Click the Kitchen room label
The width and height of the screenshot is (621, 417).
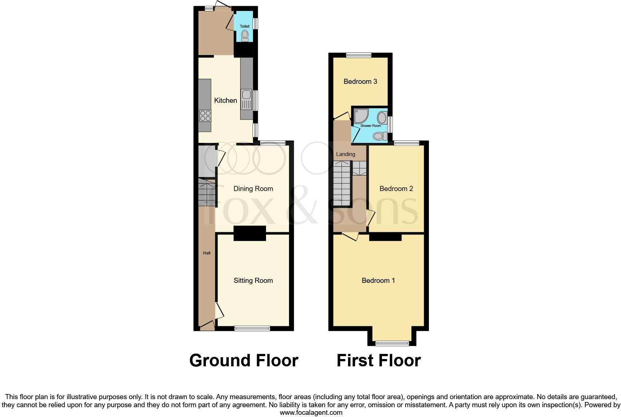tap(225, 101)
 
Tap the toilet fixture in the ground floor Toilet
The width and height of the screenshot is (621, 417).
tap(245, 35)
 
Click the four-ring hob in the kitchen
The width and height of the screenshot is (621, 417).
tap(205, 116)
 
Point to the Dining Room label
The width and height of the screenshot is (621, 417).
tap(253, 189)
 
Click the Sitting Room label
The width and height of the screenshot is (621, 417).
tap(253, 281)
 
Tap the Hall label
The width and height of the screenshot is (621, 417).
tap(207, 253)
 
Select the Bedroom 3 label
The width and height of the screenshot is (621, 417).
tap(360, 82)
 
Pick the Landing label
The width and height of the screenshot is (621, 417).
tap(345, 154)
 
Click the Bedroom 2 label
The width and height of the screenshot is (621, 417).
tap(396, 189)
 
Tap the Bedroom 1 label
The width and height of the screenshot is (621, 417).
tap(378, 281)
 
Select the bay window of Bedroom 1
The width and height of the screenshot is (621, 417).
tap(392, 343)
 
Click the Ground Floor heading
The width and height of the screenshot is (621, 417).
tap(243, 361)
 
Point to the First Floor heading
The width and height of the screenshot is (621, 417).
tap(378, 361)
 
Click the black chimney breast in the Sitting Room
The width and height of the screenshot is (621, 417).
tap(250, 233)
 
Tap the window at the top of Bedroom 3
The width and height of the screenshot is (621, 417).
tap(359, 55)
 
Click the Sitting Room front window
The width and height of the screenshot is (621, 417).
tap(252, 328)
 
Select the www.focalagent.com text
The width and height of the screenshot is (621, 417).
tap(311, 413)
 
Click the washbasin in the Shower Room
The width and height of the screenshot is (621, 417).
tap(382, 118)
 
